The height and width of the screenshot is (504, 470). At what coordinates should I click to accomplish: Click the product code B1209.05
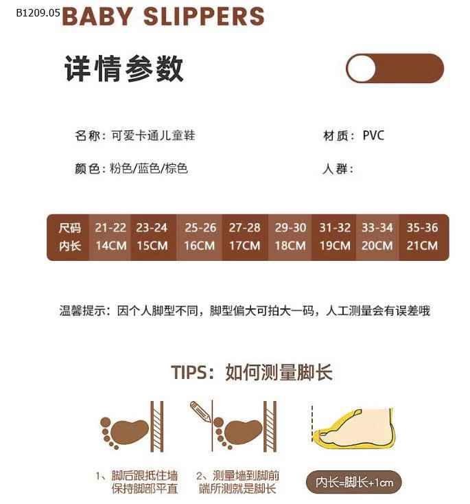[38, 13]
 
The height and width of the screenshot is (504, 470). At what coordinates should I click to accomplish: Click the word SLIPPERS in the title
[204, 16]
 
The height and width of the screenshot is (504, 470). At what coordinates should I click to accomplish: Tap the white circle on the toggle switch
[361, 68]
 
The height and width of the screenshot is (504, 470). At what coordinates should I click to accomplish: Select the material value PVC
[373, 135]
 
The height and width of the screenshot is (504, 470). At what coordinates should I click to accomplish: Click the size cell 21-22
[110, 227]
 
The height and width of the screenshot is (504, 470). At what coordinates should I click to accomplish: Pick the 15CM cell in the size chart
[152, 246]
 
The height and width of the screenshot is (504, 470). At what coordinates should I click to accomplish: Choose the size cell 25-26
[200, 227]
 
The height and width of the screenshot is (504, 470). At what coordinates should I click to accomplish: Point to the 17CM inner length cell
[245, 246]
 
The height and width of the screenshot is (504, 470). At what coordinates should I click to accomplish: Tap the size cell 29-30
[290, 227]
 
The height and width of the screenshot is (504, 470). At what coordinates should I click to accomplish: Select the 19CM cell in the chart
[335, 246]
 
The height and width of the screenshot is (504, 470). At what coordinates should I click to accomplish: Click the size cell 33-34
[377, 227]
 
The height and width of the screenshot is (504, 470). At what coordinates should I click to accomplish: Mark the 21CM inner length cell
[422, 246]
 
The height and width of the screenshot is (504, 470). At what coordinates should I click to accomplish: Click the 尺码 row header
[70, 228]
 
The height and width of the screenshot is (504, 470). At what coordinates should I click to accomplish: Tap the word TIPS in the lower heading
[189, 373]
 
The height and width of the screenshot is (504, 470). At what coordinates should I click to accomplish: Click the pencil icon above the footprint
[200, 411]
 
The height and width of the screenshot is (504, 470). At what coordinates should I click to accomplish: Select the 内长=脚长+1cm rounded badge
[354, 482]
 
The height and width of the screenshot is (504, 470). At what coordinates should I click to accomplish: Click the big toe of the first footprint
[106, 422]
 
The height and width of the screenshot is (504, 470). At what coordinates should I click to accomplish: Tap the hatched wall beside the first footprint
[156, 426]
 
